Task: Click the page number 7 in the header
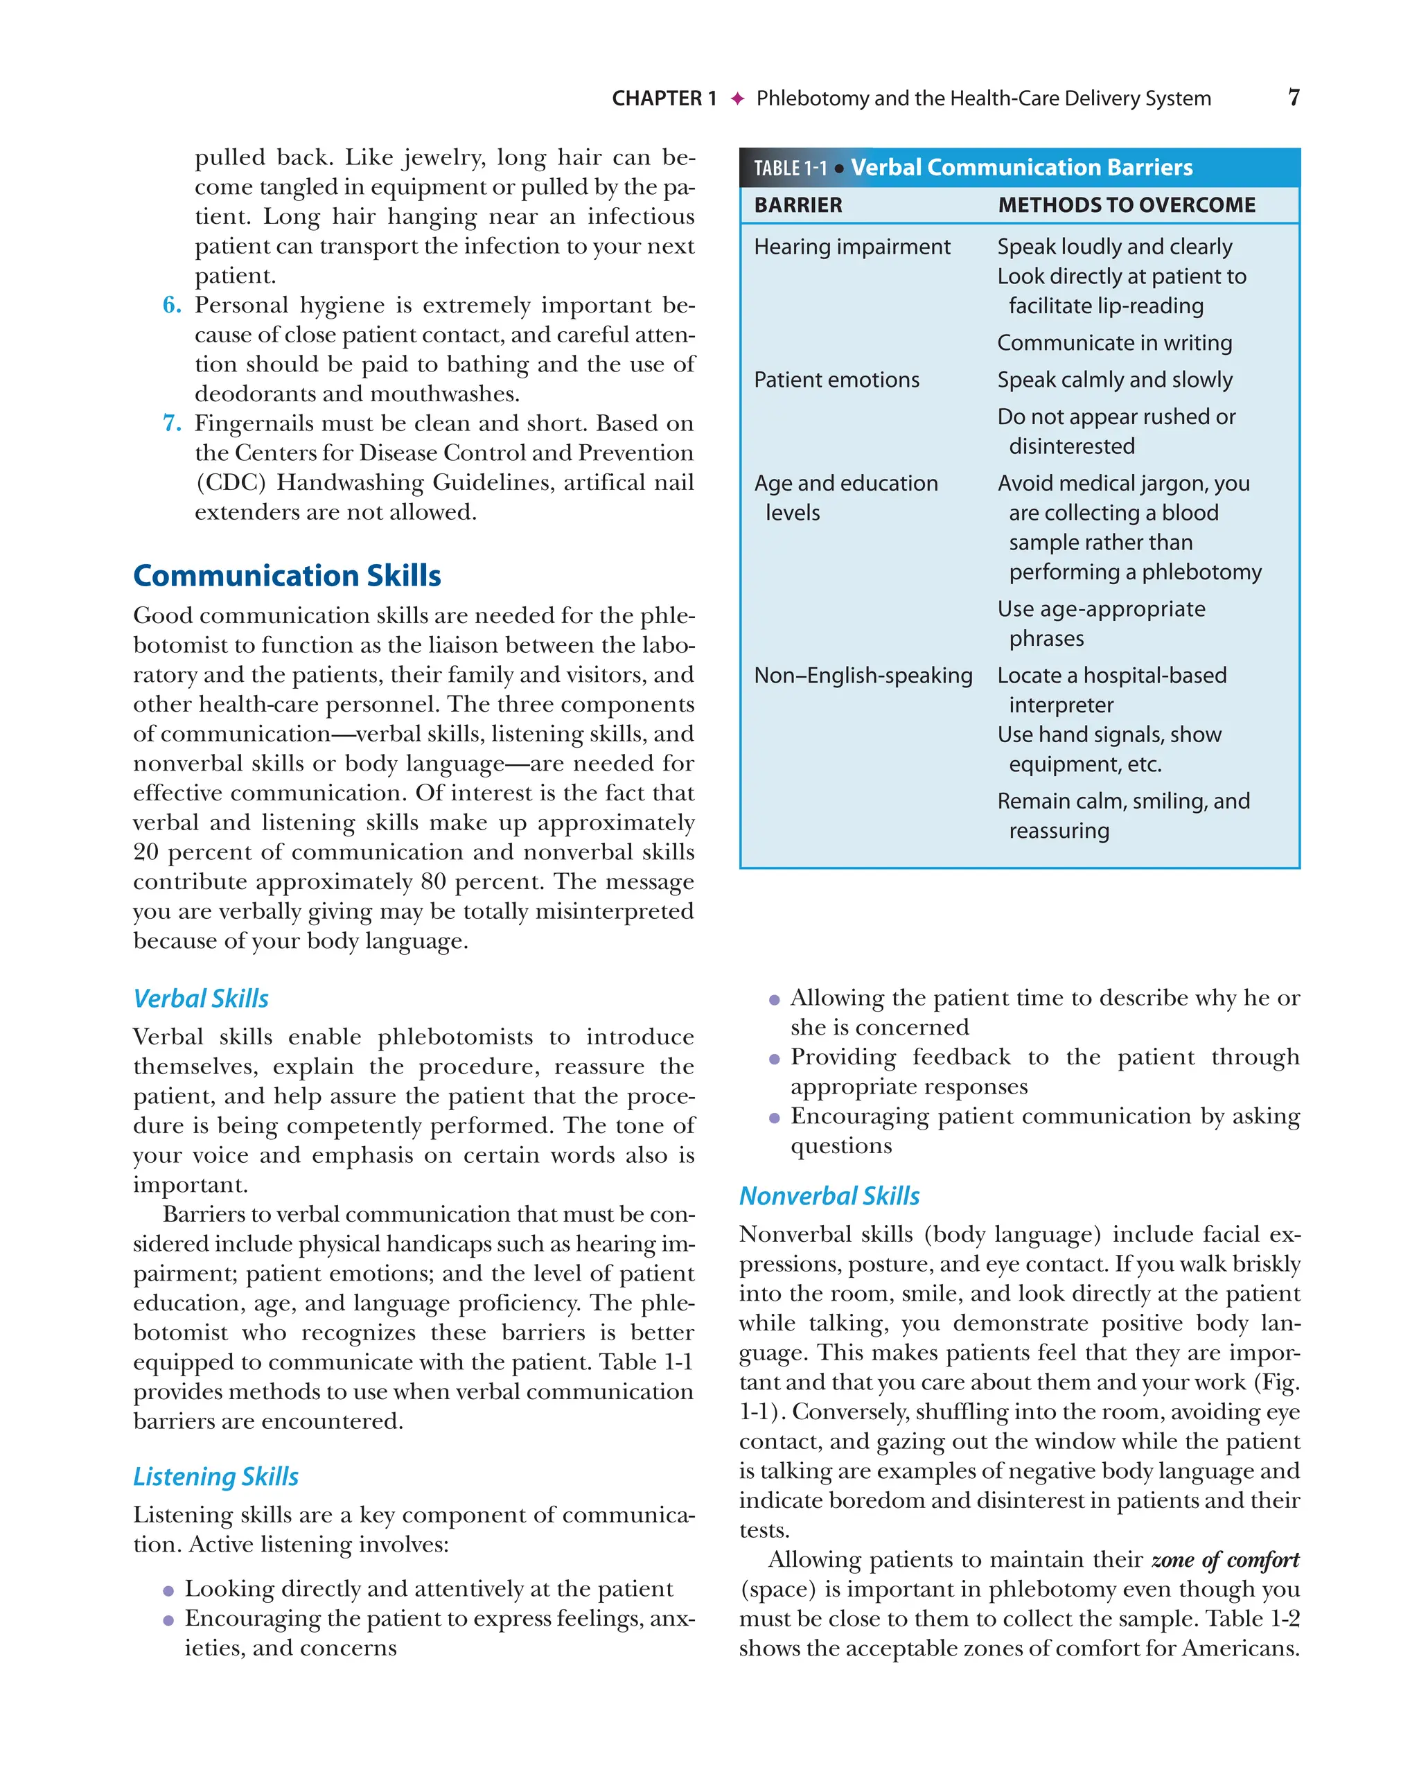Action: (1293, 98)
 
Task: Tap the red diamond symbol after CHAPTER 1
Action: (737, 98)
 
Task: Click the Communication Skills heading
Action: (287, 575)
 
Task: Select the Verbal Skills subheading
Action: (201, 998)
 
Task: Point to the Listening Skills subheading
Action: (215, 1476)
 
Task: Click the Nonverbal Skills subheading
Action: (829, 1195)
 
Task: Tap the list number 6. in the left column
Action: (172, 306)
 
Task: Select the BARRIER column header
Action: (798, 205)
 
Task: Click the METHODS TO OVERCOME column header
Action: (1126, 205)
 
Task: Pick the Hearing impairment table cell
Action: (852, 247)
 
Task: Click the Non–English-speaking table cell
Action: (863, 676)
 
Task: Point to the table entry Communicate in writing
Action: (1114, 342)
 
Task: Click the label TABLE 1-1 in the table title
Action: (790, 168)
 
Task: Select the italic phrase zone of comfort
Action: (1224, 1560)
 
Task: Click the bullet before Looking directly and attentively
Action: (168, 1590)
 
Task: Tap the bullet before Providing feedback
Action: (774, 1059)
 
